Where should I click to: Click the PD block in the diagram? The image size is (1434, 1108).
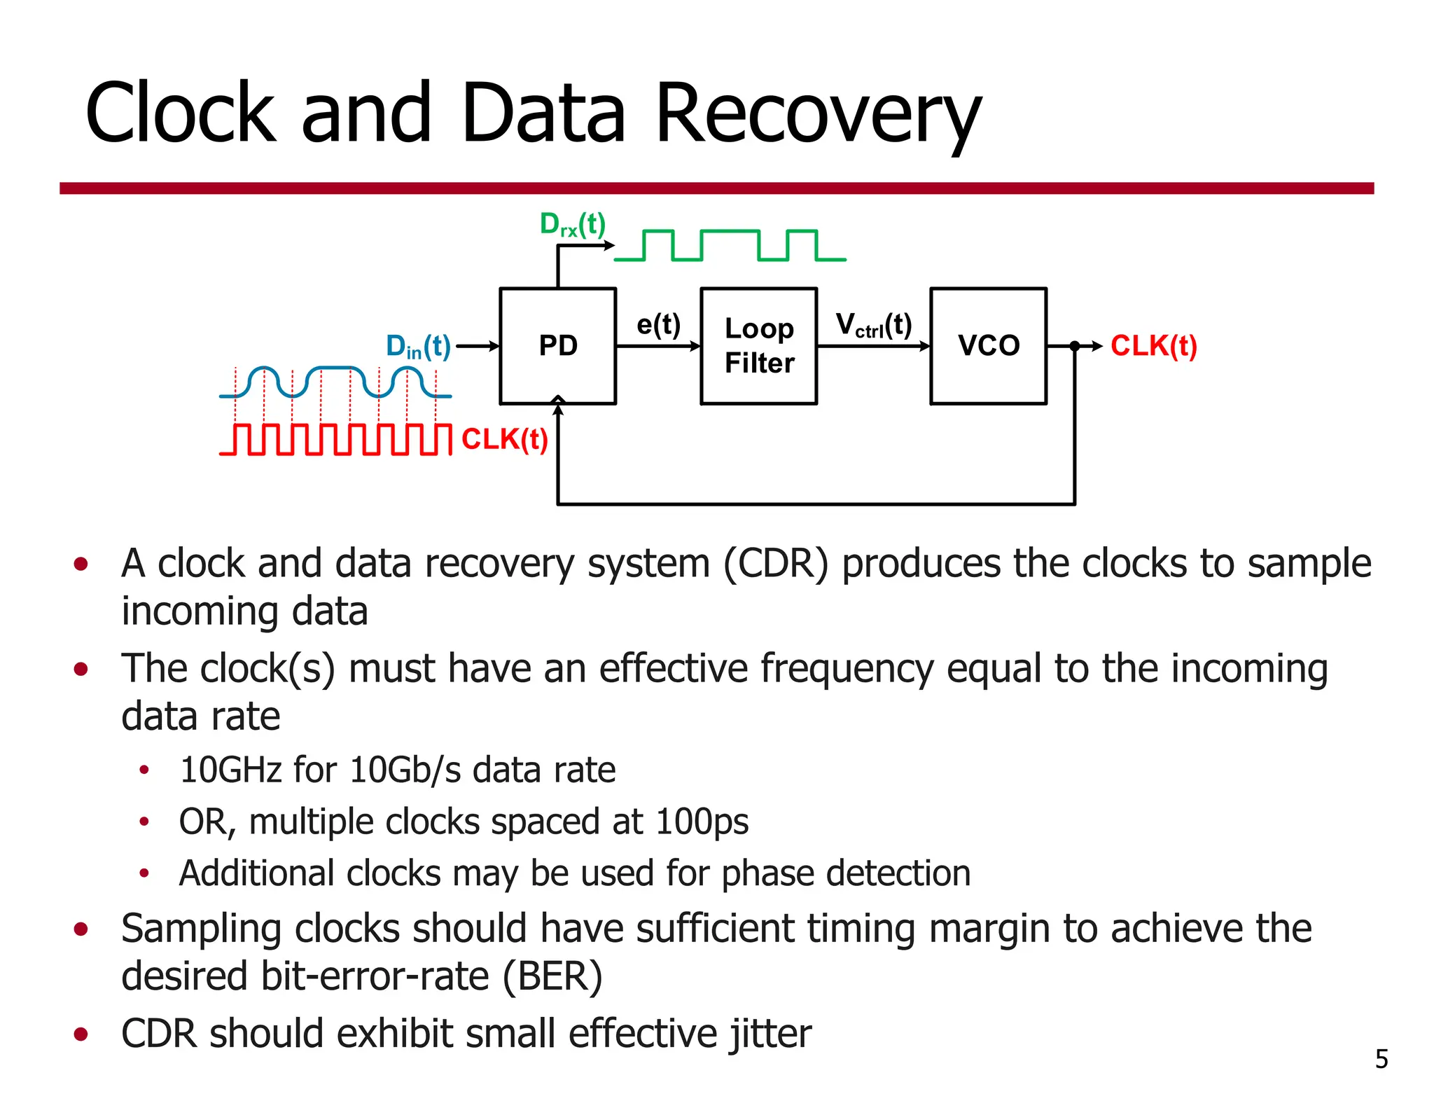coord(558,346)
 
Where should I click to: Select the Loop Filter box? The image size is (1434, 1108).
coord(759,346)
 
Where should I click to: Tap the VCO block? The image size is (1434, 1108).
coord(988,346)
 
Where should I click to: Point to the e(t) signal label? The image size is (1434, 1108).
coord(658,325)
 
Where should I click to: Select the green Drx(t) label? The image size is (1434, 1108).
coord(572,225)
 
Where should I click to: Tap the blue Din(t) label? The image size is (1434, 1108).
coord(418,347)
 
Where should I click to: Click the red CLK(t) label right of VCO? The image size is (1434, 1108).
coord(1153,346)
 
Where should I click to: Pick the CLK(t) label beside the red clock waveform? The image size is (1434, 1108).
coord(504,440)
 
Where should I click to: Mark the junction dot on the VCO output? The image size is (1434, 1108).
coord(1075,346)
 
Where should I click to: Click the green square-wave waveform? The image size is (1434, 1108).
coord(730,245)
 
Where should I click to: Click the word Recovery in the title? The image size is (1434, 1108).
coord(817,113)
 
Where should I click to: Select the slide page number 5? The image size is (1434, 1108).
coord(1381,1059)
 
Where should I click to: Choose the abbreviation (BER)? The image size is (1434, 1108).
coord(552,976)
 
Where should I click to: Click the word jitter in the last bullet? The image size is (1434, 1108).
coord(770,1034)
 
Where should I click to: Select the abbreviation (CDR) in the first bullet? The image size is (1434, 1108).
coord(776,564)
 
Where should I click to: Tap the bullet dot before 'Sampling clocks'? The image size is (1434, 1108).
coord(81,929)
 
